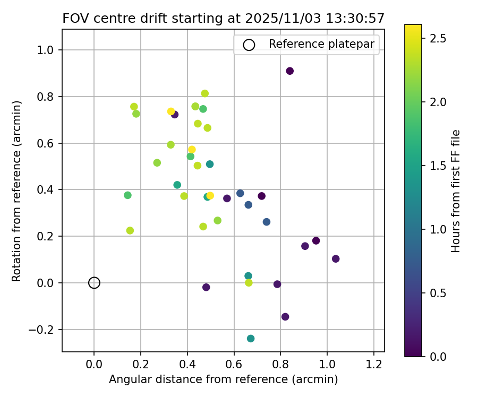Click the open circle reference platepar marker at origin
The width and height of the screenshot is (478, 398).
point(94,283)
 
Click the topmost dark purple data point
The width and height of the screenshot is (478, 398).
point(290,71)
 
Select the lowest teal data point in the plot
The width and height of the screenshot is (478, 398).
point(251,339)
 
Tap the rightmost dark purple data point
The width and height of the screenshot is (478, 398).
point(336,259)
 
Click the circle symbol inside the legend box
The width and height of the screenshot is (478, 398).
point(249,45)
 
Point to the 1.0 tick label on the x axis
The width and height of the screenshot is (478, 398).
point(327,365)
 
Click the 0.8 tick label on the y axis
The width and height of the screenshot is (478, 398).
point(47,97)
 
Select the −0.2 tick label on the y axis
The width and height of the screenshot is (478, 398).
point(44,330)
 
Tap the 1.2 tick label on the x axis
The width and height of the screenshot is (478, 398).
point(374,365)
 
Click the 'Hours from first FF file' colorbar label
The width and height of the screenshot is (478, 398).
point(456,191)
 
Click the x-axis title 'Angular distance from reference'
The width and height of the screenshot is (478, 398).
point(224,380)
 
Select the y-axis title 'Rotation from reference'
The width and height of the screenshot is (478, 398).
point(16,191)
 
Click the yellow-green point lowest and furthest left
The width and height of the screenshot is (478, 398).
point(130,230)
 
